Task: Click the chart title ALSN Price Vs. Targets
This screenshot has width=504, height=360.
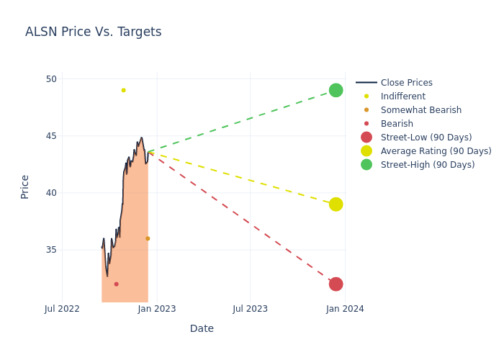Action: [x=93, y=32]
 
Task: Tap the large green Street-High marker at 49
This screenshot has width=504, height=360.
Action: [x=336, y=90]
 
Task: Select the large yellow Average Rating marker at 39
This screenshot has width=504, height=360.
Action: [x=336, y=204]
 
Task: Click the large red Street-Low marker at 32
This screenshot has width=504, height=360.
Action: [x=336, y=284]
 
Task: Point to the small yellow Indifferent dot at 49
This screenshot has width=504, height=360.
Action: [x=123, y=90]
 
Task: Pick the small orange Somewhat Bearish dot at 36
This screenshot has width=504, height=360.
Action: [x=148, y=238]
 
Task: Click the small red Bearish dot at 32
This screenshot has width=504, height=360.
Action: [x=116, y=284]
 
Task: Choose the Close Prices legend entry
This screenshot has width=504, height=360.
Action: [x=406, y=83]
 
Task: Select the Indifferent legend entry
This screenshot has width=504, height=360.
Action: [x=402, y=96]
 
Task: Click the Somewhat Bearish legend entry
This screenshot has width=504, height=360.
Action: [x=420, y=110]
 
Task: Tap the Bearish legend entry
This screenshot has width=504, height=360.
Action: [x=397, y=124]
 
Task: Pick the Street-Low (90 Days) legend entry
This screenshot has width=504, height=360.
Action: [x=426, y=138]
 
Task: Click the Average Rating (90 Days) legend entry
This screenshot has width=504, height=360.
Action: [x=436, y=151]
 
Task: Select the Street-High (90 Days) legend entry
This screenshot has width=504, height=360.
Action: [x=427, y=165]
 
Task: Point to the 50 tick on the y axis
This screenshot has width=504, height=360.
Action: [x=51, y=79]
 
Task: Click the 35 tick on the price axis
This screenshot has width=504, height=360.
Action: [x=51, y=250]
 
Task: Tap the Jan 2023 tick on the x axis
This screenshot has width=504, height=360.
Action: [x=157, y=309]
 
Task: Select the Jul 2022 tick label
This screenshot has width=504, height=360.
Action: [x=62, y=309]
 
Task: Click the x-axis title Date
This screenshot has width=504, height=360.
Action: [x=202, y=329]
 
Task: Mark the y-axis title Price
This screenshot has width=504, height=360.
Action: [x=25, y=186]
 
